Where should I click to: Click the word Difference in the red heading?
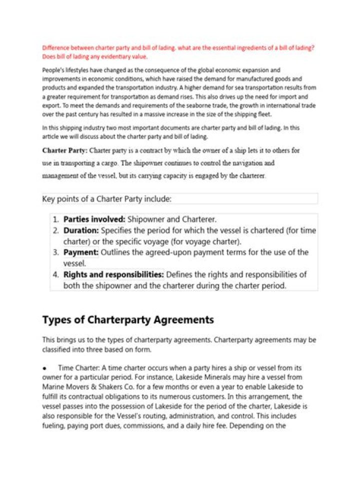[x=55, y=48]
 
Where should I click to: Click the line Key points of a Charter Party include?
[x=107, y=199]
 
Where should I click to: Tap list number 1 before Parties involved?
[x=56, y=219]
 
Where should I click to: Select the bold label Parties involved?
[x=94, y=219]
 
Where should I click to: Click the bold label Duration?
[x=81, y=231]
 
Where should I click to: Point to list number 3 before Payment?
[x=56, y=252]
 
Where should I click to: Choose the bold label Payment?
[x=81, y=252]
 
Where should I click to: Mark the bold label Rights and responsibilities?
[x=113, y=274]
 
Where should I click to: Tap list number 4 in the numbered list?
[x=56, y=274]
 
